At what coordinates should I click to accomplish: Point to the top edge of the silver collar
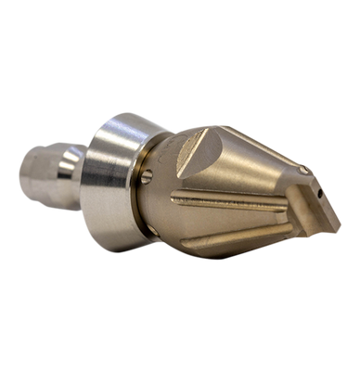130,112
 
